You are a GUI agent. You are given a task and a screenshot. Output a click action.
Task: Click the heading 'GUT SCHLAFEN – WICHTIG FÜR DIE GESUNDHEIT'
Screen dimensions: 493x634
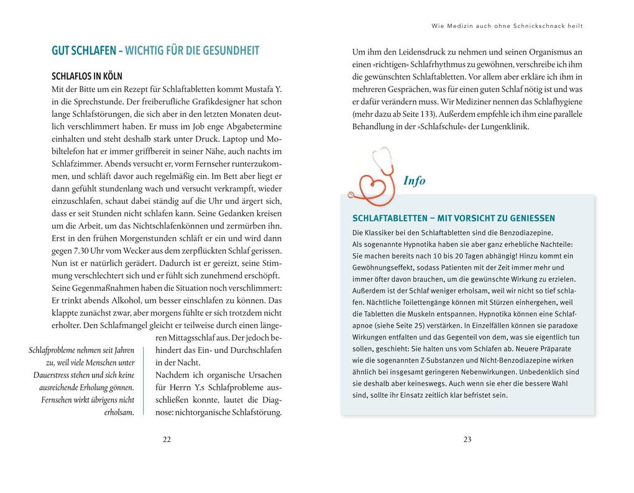(x=155, y=51)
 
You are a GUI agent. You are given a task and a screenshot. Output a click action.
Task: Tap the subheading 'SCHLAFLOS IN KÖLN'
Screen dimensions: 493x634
(x=86, y=76)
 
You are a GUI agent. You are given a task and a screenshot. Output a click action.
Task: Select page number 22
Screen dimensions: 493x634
(x=167, y=440)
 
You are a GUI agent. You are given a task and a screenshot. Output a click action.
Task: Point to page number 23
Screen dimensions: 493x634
(x=467, y=440)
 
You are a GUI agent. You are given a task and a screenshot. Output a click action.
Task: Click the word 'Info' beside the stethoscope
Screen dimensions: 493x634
(x=415, y=181)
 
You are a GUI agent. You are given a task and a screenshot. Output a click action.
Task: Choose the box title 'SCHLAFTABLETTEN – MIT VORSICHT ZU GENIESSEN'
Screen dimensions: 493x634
(x=454, y=218)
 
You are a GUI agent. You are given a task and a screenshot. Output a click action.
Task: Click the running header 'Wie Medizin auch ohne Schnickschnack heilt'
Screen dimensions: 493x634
(x=507, y=26)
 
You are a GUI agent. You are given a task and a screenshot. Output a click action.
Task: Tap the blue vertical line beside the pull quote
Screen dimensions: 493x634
(x=144, y=380)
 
